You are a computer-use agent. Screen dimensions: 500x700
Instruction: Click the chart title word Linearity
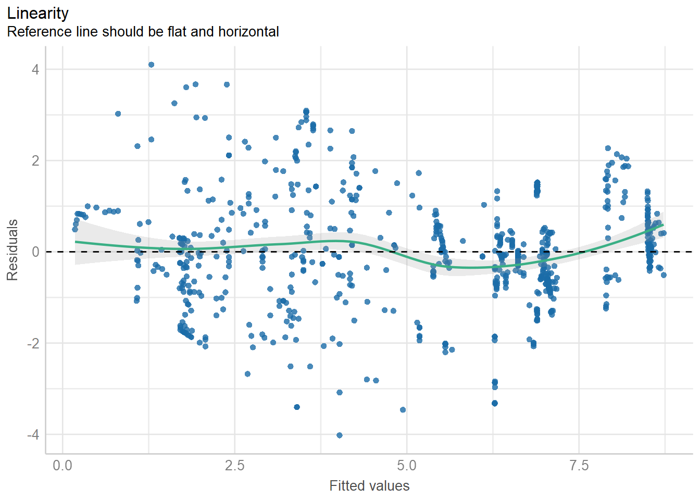click(x=37, y=13)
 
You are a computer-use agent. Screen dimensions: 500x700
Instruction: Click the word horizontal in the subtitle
click(x=248, y=32)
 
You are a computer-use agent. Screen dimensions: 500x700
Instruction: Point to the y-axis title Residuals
click(x=12, y=250)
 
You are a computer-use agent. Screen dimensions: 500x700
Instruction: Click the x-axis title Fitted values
click(x=369, y=486)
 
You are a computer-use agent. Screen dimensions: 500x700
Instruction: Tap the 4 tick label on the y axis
click(x=35, y=69)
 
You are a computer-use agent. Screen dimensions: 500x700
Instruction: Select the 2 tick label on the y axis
click(x=35, y=160)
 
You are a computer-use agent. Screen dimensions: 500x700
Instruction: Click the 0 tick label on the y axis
click(x=35, y=252)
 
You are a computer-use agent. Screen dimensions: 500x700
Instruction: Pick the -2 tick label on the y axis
click(x=33, y=343)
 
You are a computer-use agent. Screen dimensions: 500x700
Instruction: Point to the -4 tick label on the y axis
click(x=33, y=434)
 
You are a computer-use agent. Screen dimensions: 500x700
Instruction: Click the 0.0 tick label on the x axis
click(x=63, y=465)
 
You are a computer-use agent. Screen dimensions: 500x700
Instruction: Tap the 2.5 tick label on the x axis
click(x=234, y=465)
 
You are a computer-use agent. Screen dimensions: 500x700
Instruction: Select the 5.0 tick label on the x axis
click(x=407, y=465)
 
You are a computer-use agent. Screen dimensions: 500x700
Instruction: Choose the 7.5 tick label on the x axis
click(x=579, y=465)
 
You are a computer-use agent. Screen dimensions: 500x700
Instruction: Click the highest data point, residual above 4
click(x=151, y=65)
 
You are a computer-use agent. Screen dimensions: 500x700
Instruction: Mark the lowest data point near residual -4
click(x=340, y=435)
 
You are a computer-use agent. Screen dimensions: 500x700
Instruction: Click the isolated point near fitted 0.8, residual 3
click(x=118, y=114)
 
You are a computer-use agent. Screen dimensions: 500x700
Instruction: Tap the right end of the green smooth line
click(x=663, y=225)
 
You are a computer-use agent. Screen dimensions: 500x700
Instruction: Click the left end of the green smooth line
click(x=76, y=242)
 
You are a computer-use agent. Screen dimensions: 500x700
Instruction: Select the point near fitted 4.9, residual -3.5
click(x=403, y=410)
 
